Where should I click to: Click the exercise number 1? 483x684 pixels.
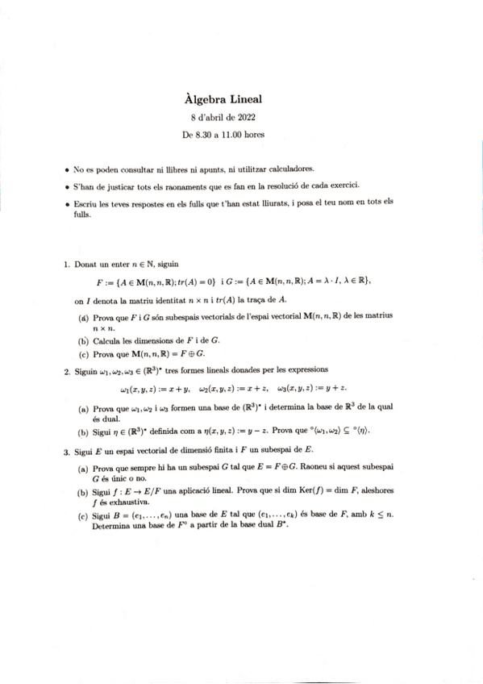click(x=65, y=264)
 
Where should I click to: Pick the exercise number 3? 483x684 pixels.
click(x=65, y=453)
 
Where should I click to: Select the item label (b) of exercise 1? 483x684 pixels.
click(x=83, y=341)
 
